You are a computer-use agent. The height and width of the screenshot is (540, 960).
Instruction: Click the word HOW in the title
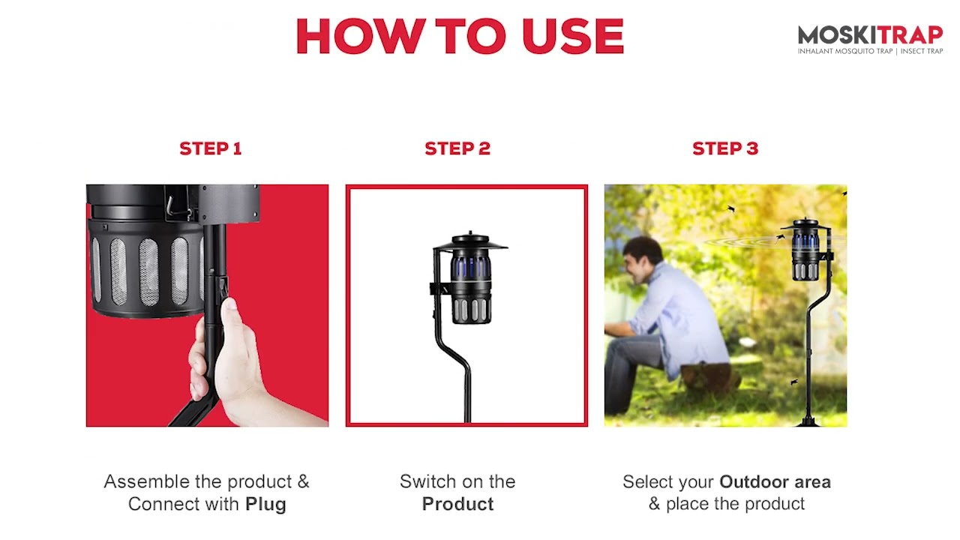(361, 37)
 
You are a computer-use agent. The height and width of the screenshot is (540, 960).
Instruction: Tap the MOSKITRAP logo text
(870, 35)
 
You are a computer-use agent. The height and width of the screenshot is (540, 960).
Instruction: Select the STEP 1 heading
(211, 148)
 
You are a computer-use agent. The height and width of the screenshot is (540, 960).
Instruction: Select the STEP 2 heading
(457, 148)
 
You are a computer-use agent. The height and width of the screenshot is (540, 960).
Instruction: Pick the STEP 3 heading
(725, 148)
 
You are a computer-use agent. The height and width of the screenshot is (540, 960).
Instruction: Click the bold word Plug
(265, 505)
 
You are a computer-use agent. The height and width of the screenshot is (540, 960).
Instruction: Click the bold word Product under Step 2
(457, 504)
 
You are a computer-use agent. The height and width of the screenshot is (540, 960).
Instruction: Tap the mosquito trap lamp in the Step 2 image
(469, 278)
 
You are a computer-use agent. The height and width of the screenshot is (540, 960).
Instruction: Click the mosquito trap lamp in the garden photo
(805, 250)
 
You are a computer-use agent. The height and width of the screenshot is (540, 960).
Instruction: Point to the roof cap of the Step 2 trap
(470, 241)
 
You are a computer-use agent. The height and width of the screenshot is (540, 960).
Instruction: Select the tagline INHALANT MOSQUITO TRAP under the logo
(844, 52)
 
